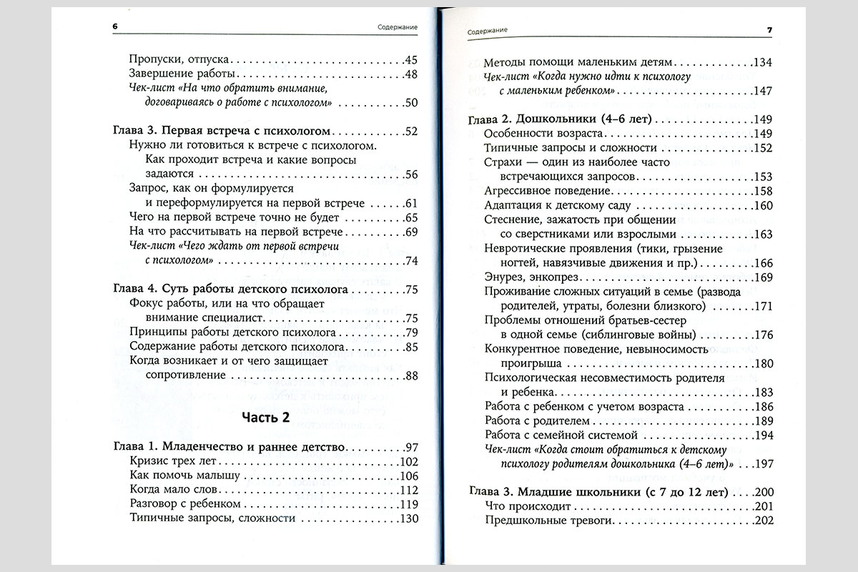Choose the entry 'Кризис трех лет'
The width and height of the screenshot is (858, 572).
click(164, 462)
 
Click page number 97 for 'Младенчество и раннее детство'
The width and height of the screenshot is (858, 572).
click(410, 448)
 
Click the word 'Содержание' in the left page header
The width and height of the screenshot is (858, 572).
click(398, 27)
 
